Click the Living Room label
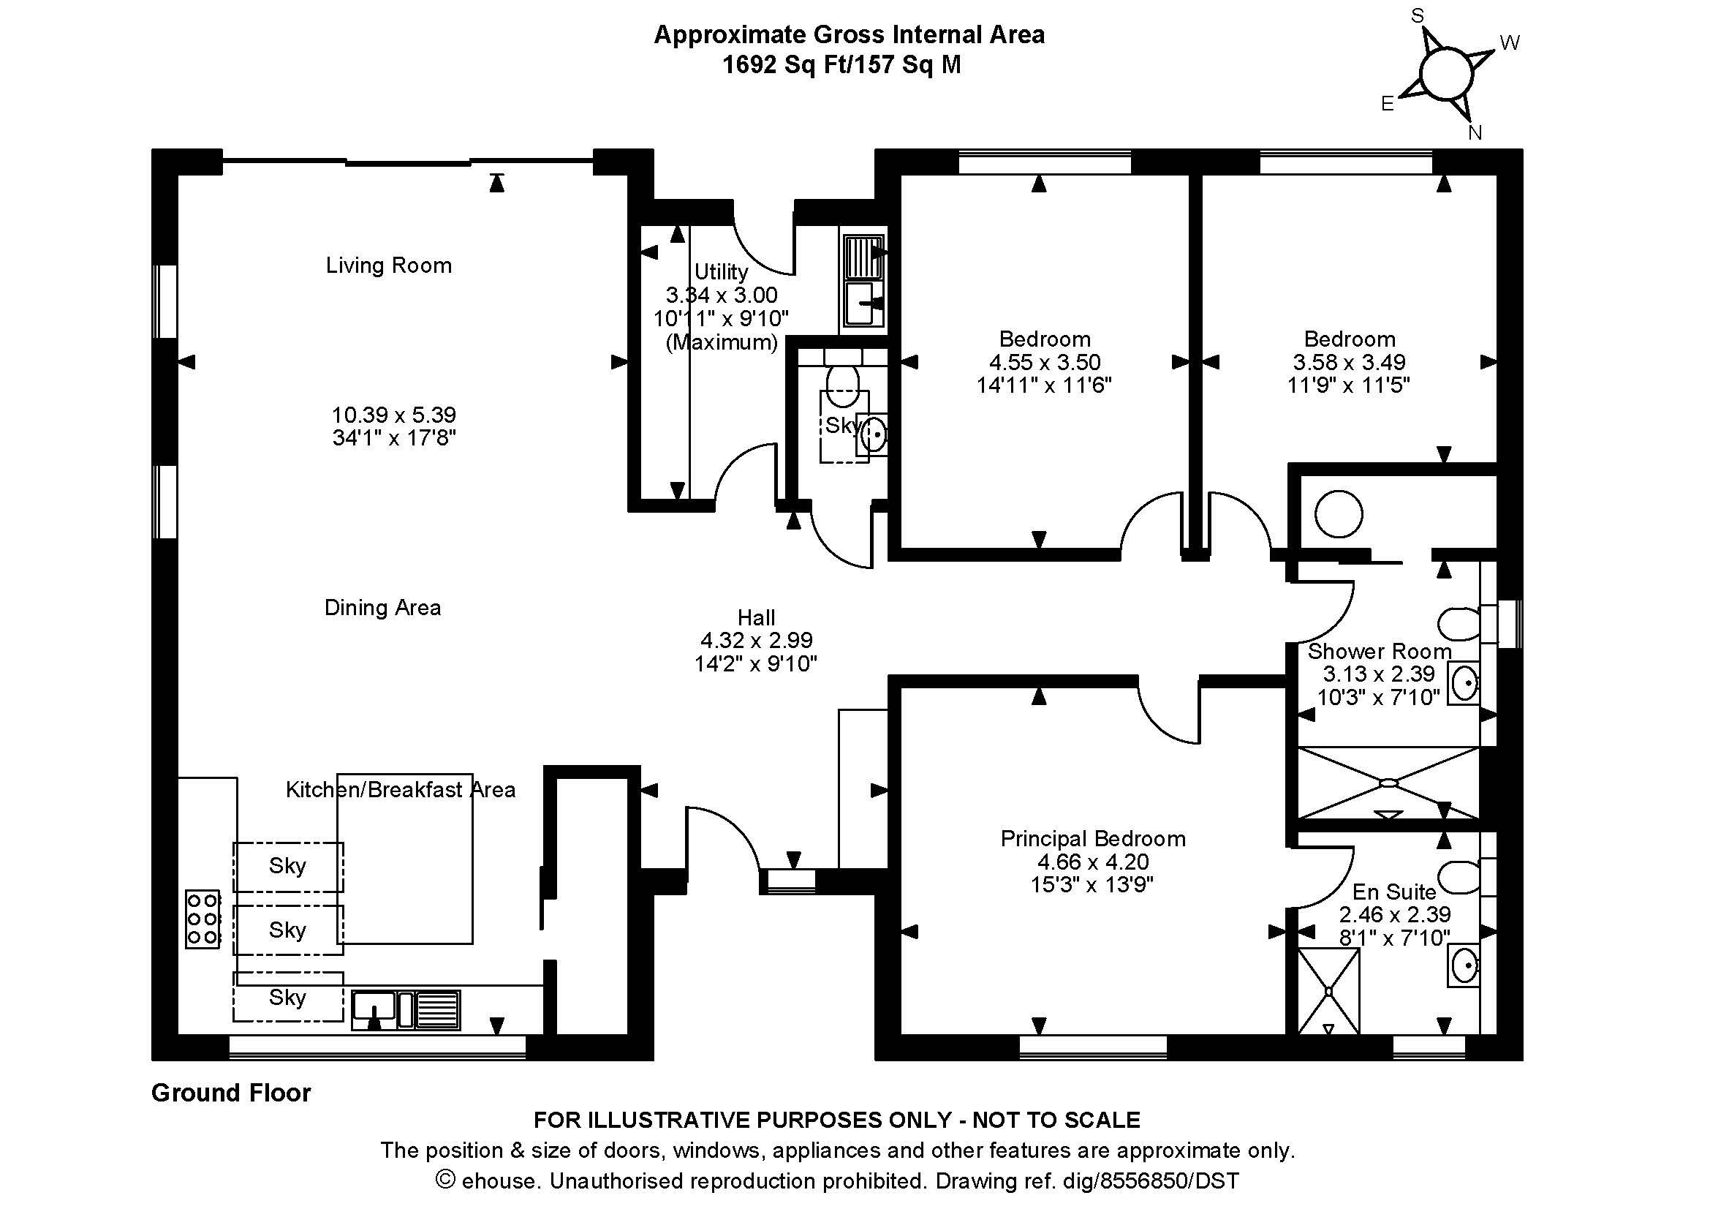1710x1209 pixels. [388, 265]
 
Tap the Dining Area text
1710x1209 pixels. [382, 608]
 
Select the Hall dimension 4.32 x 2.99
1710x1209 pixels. [756, 640]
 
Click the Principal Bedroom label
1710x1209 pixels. [1092, 839]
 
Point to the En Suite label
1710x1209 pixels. [1393, 892]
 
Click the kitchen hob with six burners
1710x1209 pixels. [203, 919]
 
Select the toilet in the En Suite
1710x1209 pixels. [1461, 878]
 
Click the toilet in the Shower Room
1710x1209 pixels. [1461, 624]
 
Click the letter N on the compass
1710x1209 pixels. [1475, 132]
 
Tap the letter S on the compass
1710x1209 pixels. [1418, 15]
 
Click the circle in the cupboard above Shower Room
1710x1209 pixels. [1339, 514]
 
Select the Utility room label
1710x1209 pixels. [720, 272]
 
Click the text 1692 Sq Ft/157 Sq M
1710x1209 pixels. [841, 65]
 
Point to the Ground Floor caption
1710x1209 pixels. [231, 1093]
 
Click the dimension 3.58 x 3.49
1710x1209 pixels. [1349, 362]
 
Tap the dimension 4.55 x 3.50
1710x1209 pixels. [1044, 362]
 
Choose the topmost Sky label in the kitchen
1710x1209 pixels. [287, 865]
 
